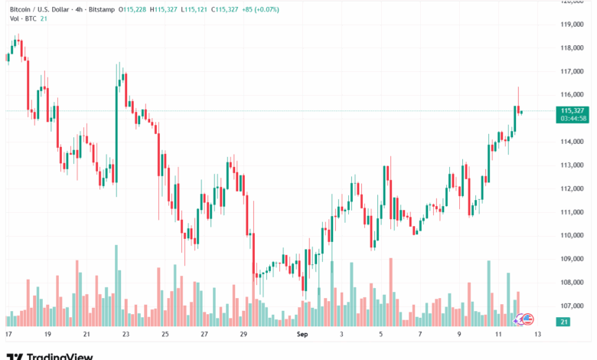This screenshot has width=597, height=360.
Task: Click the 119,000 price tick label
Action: click(x=572, y=25)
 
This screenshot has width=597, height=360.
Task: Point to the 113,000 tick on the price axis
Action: click(x=572, y=165)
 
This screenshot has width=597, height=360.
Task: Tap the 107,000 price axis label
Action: click(x=572, y=306)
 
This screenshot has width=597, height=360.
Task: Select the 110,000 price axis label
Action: click(x=572, y=235)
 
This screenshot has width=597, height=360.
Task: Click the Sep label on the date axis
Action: click(x=302, y=335)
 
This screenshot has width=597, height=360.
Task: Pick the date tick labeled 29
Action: click(x=243, y=335)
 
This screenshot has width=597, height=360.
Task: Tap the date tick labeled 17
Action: click(x=8, y=335)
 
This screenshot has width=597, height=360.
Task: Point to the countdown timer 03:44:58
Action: click(x=573, y=119)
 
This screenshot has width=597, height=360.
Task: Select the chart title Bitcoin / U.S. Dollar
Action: click(x=41, y=8)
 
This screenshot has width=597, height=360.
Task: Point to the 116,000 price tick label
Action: click(x=572, y=95)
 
